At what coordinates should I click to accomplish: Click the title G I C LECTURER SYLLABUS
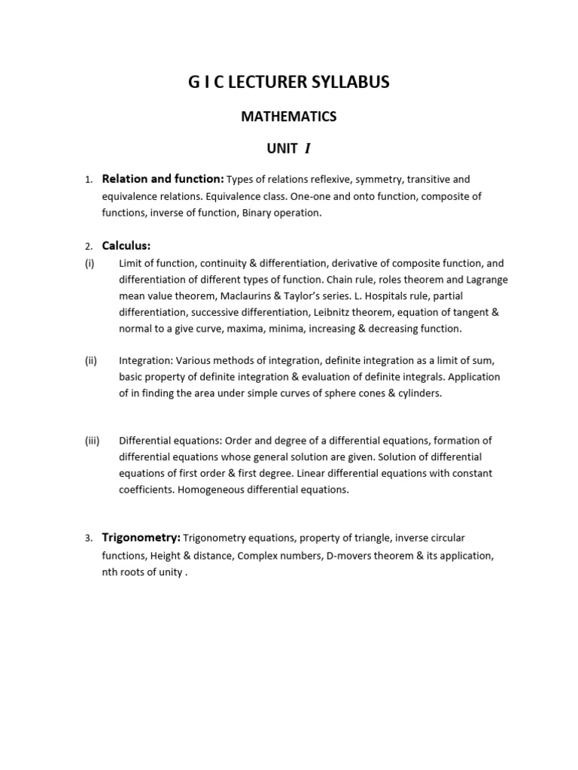288,83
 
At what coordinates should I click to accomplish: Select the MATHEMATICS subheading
288,117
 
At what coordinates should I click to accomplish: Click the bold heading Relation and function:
163,179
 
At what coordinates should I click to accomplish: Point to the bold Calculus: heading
126,246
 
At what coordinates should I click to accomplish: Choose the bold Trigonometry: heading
141,538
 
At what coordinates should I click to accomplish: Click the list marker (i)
90,263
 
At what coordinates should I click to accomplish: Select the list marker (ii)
90,360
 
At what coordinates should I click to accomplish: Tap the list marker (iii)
92,441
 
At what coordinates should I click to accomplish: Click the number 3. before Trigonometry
88,538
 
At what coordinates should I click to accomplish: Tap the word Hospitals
384,296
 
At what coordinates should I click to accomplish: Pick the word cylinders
418,393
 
